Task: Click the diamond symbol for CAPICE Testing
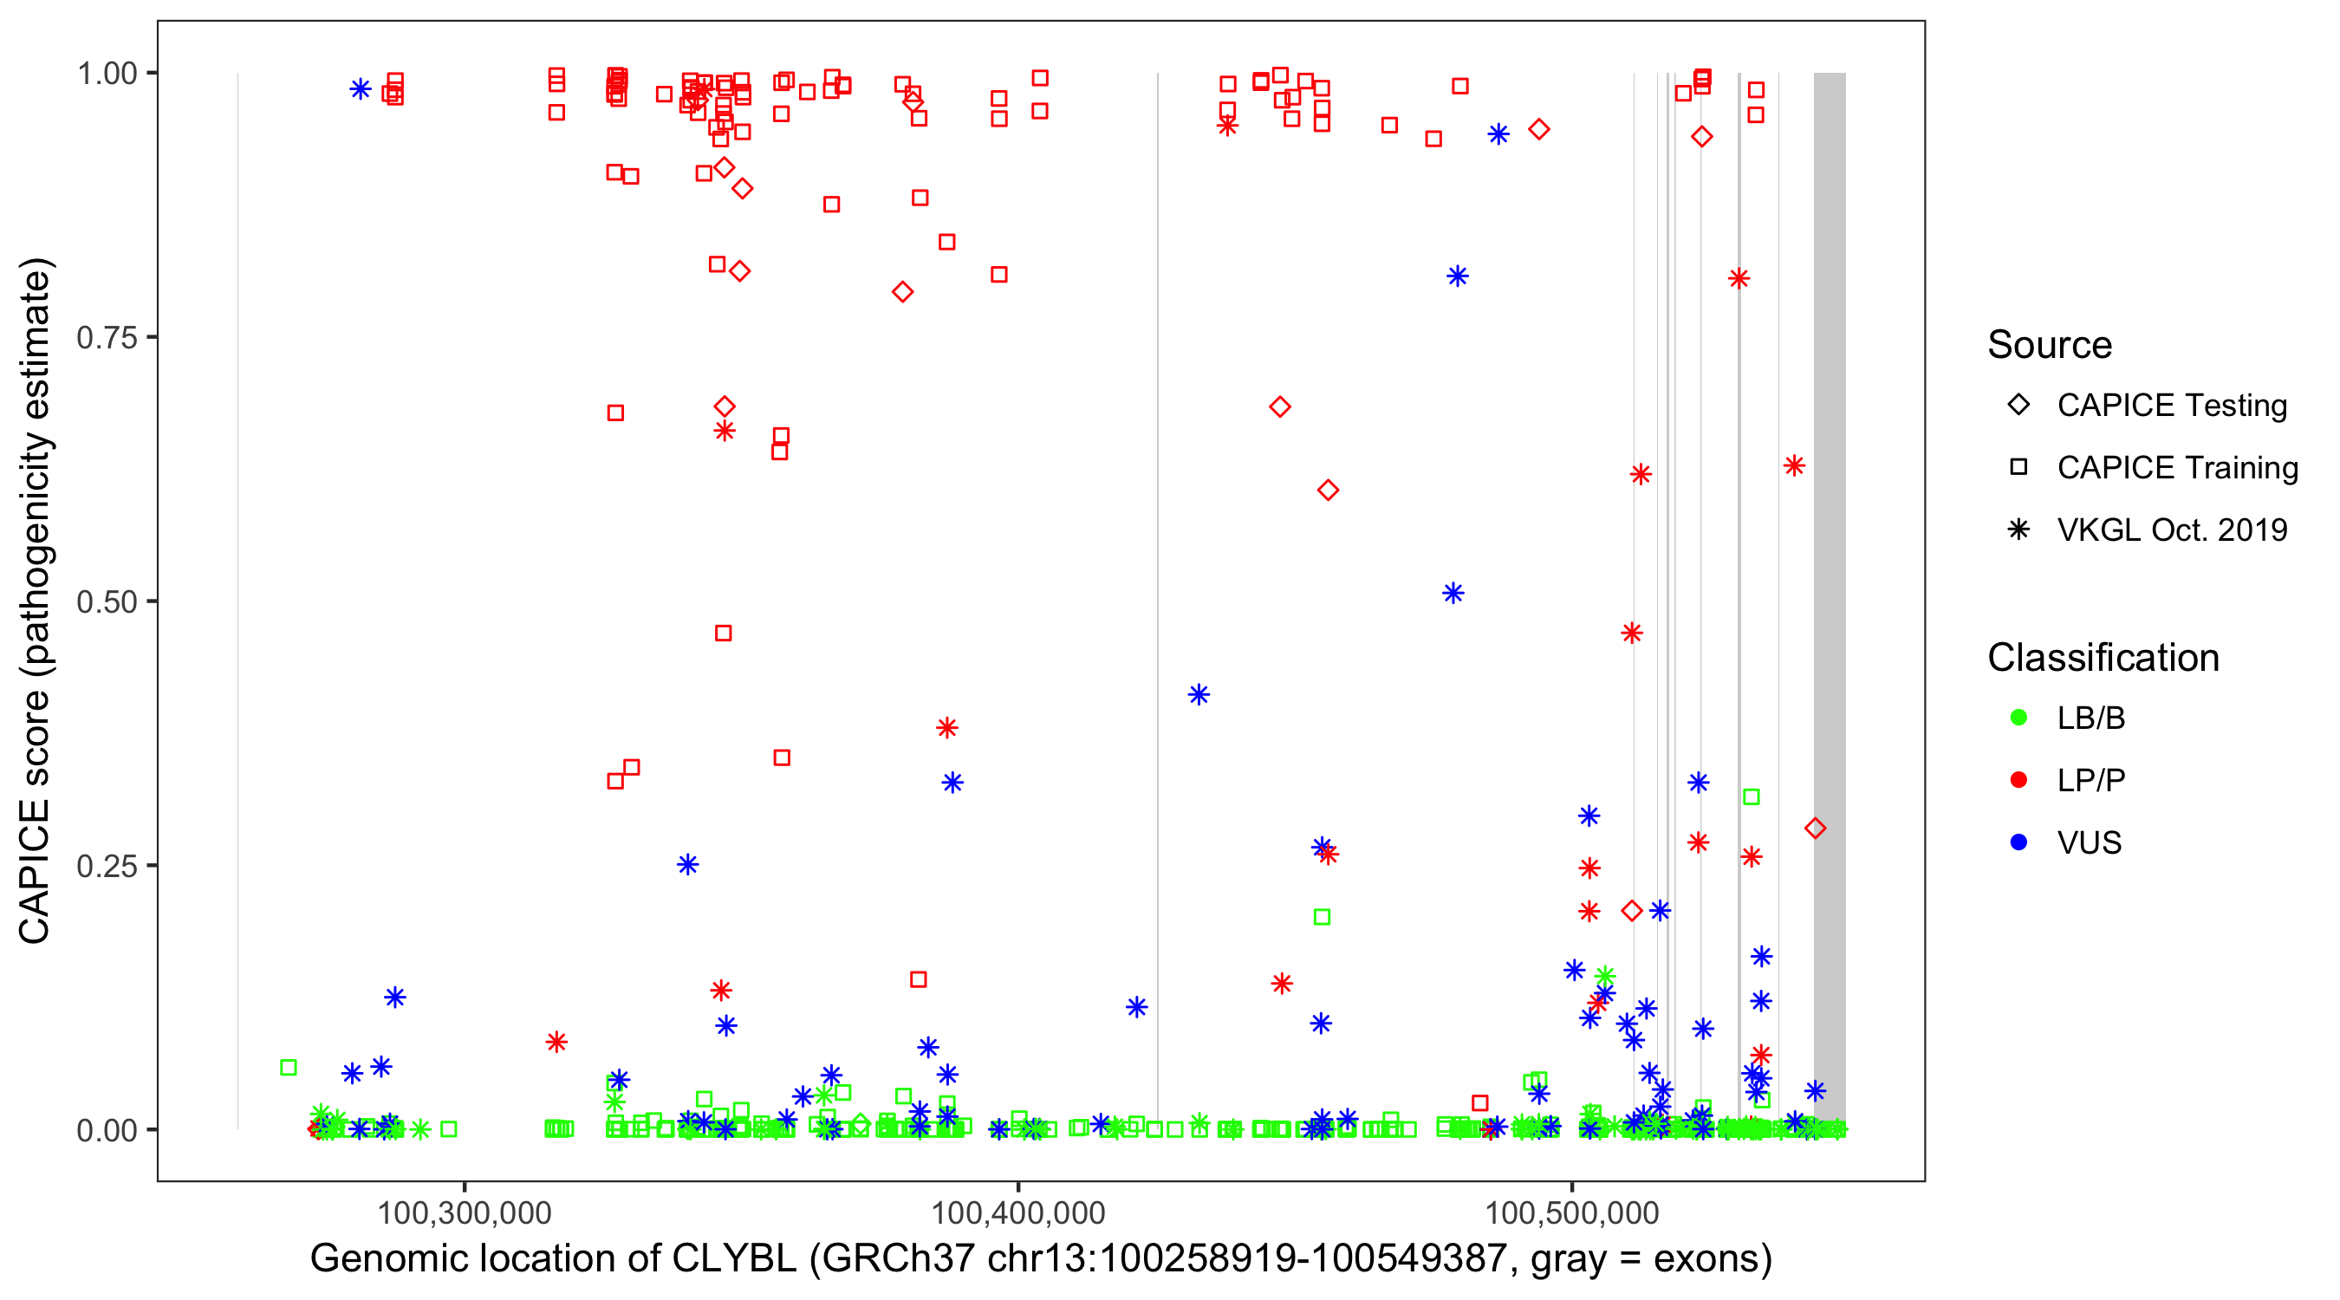point(2018,406)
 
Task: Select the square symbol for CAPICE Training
point(2018,467)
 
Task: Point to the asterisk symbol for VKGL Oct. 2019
point(2018,530)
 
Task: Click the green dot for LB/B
point(2018,718)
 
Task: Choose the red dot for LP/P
point(2018,780)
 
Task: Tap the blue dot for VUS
point(2018,842)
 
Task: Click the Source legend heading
point(2050,345)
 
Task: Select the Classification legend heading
point(2103,658)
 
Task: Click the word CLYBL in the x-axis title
point(734,1259)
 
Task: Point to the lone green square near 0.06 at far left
point(288,1068)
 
